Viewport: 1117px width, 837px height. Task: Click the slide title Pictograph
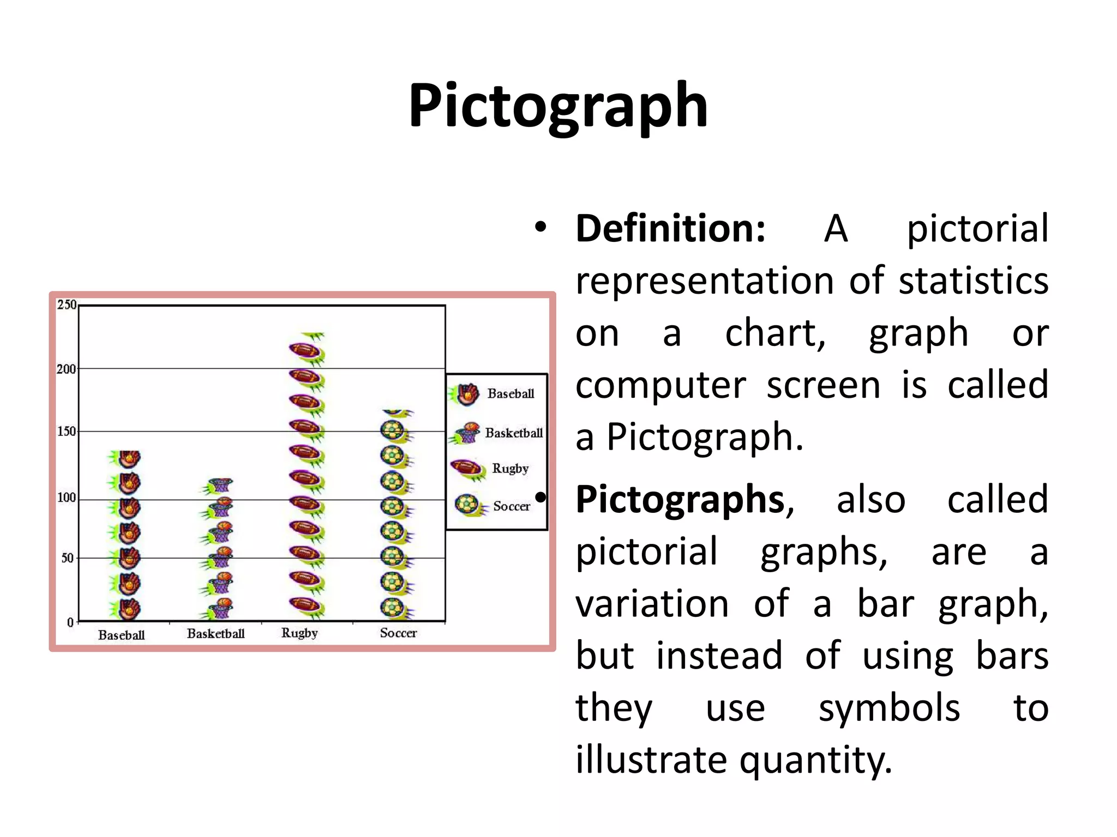point(558,105)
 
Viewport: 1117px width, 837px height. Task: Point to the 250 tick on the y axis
point(67,305)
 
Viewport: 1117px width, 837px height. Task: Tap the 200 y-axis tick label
point(66,369)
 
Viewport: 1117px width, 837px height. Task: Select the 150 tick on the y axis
point(67,432)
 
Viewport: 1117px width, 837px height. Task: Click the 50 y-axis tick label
point(67,558)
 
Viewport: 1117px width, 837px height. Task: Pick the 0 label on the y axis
point(70,622)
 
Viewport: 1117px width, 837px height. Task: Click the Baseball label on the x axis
point(121,635)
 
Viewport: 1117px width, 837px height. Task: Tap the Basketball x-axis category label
point(215,633)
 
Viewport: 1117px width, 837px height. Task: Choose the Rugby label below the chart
point(299,633)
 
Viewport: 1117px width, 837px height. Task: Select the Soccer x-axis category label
point(398,633)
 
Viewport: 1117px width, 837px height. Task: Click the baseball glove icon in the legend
point(465,394)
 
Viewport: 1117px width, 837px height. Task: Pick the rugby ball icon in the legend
point(467,468)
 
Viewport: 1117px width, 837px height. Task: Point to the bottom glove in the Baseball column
point(127,609)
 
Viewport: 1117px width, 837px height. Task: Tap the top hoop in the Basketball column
point(219,484)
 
